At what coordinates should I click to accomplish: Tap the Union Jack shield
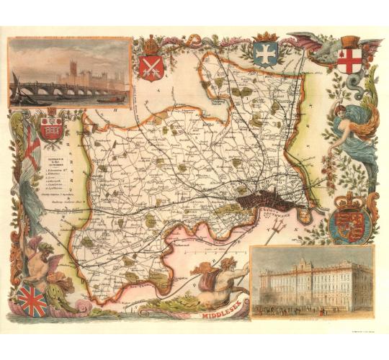[33, 300]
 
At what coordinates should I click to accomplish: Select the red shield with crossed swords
[151, 66]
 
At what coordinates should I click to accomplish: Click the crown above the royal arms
[351, 200]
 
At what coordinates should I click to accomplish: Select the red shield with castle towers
[51, 129]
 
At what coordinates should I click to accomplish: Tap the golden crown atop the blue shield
[266, 36]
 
